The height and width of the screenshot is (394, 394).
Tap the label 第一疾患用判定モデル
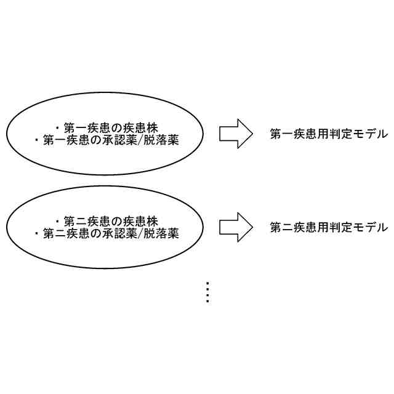[x=329, y=134]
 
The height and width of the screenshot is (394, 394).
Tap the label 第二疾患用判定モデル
[x=329, y=228]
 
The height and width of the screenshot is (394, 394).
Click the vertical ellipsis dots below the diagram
[x=207, y=292]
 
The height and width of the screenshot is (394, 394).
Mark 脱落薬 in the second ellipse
[x=162, y=234]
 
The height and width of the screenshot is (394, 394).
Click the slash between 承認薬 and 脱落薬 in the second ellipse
[x=141, y=234]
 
